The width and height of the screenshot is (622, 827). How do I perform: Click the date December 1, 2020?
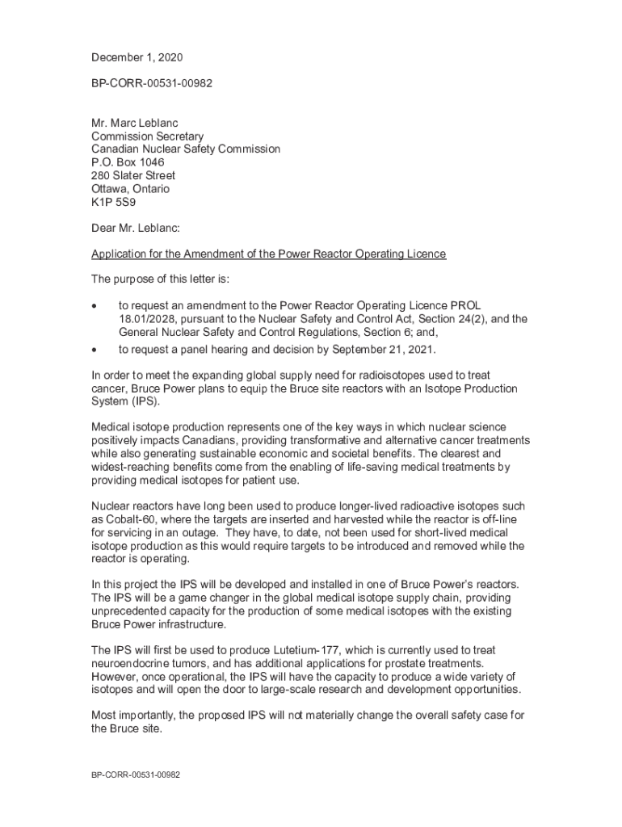tap(137, 57)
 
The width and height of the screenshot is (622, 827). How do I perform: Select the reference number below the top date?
tap(152, 83)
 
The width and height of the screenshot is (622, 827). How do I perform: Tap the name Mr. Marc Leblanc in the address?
tap(134, 124)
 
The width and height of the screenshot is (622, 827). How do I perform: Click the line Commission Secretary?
tap(147, 136)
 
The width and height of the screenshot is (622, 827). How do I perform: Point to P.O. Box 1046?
tap(128, 162)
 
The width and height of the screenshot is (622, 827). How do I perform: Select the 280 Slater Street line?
tap(133, 175)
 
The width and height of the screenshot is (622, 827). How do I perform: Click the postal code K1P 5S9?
tap(114, 202)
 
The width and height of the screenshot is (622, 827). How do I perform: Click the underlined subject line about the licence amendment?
tap(268, 254)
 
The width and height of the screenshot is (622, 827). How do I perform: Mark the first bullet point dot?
tap(95, 306)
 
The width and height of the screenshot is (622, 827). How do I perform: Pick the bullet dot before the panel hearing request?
tap(95, 350)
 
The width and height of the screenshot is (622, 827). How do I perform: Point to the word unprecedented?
tap(134, 611)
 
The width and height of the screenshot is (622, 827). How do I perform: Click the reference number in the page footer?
tap(135, 775)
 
